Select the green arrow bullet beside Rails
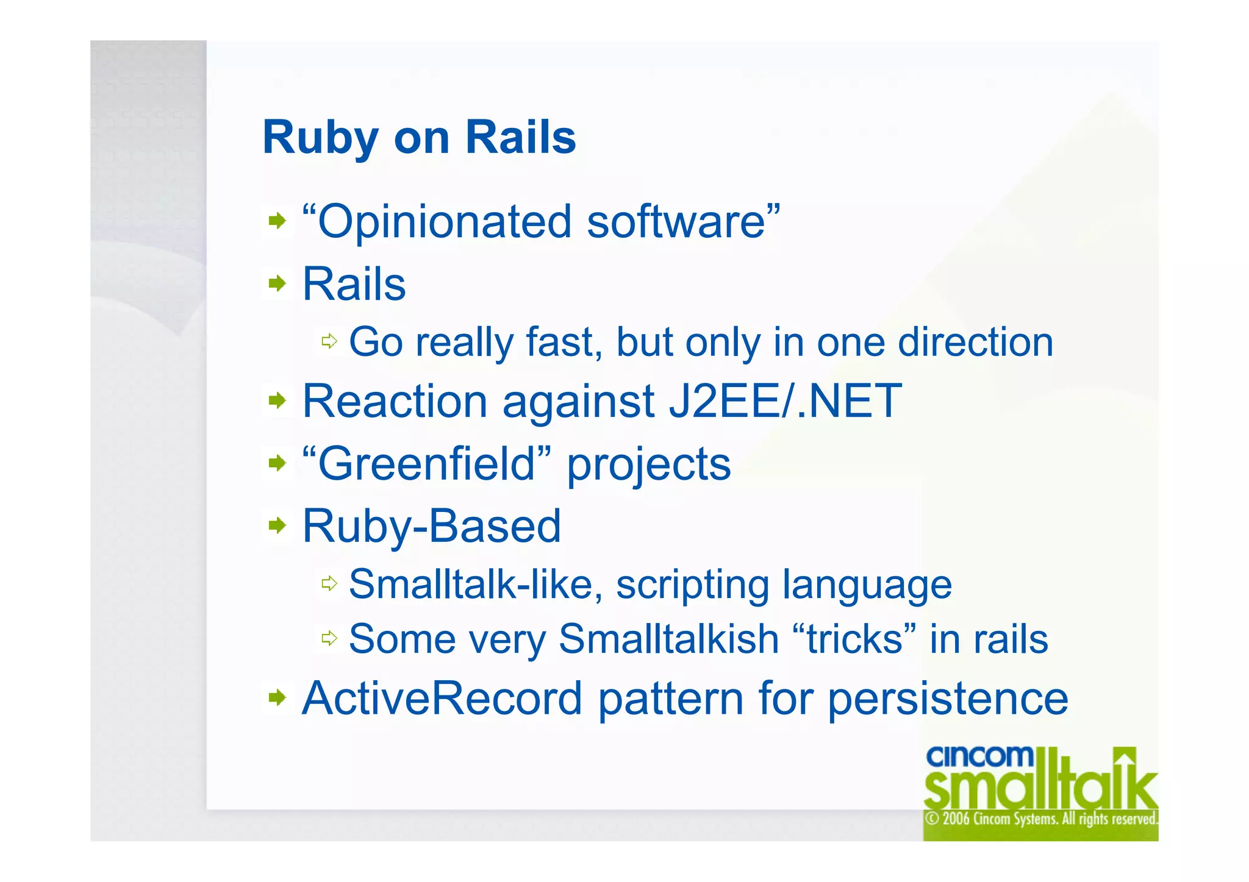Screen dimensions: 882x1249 277,283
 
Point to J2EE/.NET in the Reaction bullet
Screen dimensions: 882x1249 785,402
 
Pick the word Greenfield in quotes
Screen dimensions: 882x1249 426,464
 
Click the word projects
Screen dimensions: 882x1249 648,466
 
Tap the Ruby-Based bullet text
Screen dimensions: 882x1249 431,527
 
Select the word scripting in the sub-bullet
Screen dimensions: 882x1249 692,585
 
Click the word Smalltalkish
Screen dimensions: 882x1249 669,639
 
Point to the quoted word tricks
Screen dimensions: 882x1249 854,639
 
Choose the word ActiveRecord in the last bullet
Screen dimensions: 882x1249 442,699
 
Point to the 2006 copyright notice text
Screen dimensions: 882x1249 1040,819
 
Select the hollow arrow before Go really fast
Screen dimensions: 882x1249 329,341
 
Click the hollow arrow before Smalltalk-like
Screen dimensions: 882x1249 329,584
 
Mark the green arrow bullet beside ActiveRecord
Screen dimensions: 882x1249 277,697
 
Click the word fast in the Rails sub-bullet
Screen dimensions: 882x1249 560,342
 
